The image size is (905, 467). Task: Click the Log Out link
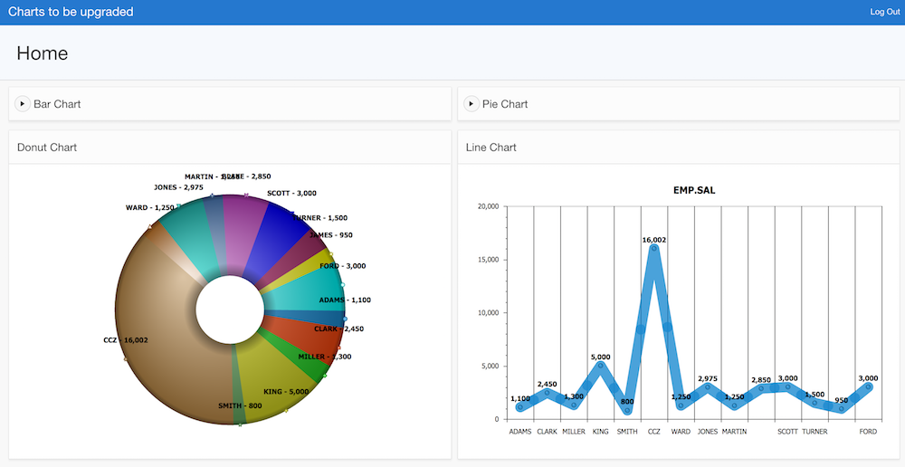coord(884,12)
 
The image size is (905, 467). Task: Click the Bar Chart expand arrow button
coord(23,104)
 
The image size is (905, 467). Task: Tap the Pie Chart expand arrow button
coord(472,104)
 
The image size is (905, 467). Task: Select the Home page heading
coord(43,53)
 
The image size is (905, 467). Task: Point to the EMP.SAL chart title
coord(694,190)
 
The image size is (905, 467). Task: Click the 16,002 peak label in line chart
coord(654,240)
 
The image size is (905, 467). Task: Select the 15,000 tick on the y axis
coord(487,260)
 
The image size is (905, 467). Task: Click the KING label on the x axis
coord(601,432)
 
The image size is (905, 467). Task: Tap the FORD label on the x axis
coord(868,432)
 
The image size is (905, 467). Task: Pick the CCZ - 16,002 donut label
coord(126,340)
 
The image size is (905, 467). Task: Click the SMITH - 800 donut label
coord(240,405)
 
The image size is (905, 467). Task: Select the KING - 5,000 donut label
coord(286,392)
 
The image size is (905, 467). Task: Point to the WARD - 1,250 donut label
coord(149,208)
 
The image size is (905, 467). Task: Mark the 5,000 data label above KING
coord(601,357)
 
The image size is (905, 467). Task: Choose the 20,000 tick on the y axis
coord(487,206)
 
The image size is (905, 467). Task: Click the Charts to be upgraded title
coord(71,12)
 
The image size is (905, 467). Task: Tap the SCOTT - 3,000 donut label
coord(291,193)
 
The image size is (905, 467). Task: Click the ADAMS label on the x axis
coord(520,432)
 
